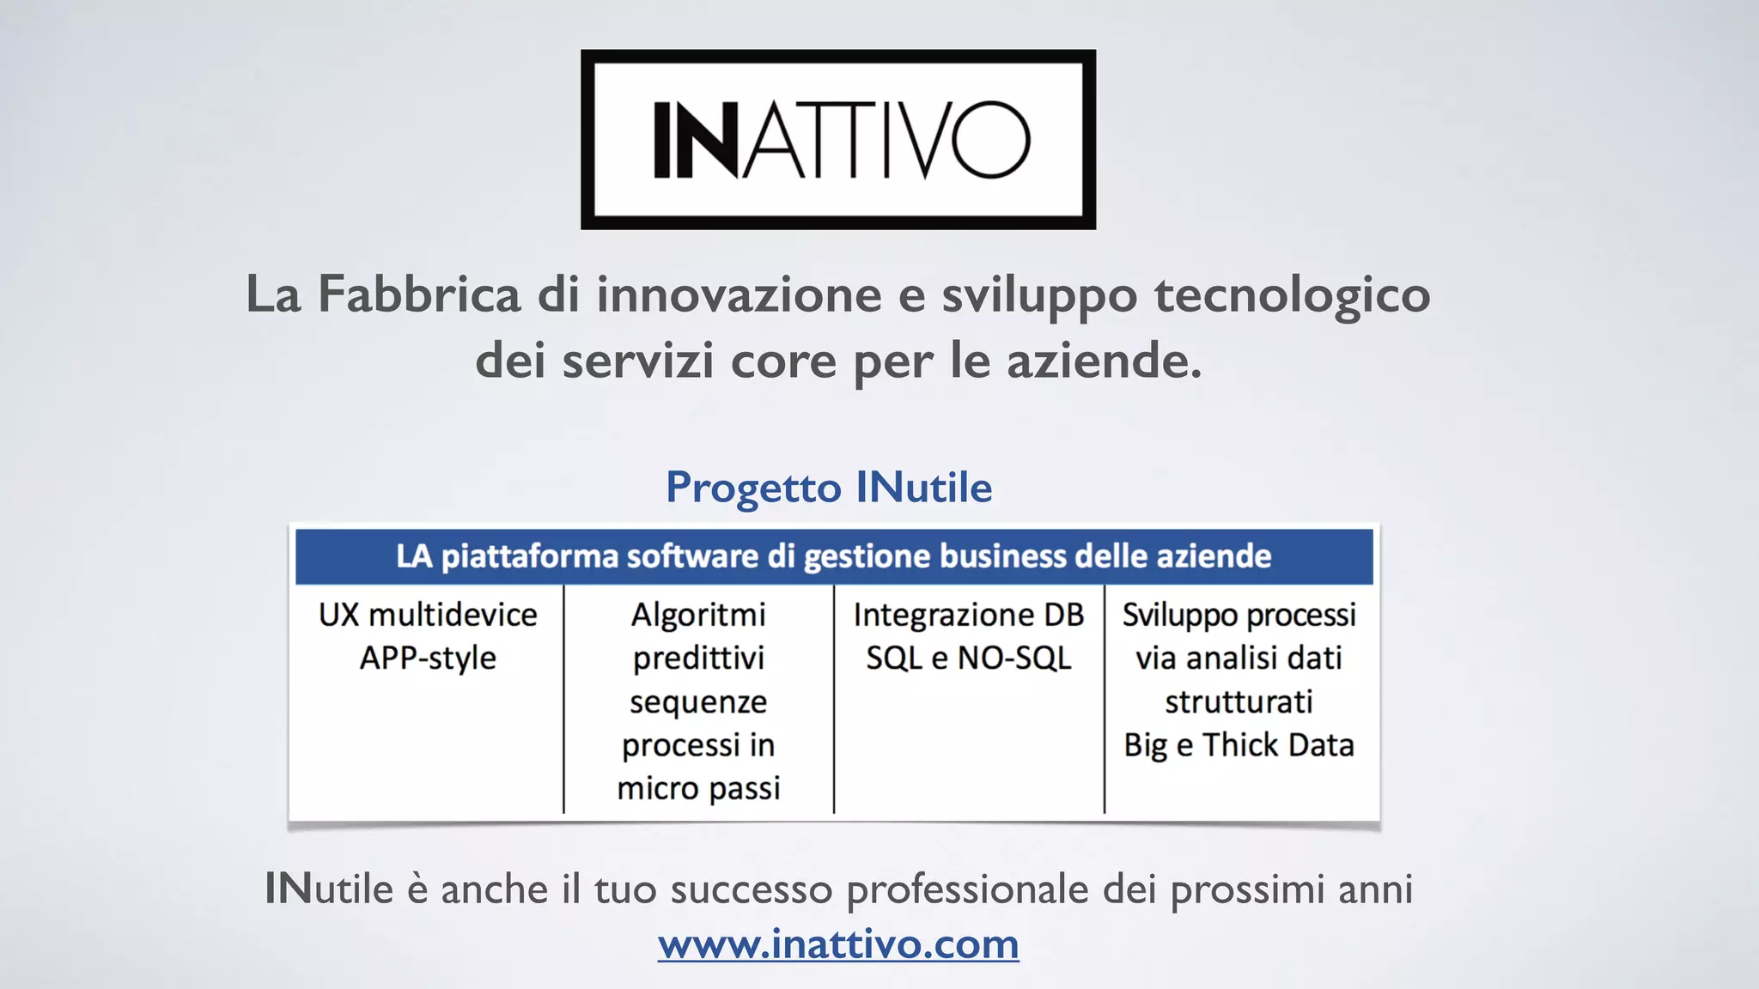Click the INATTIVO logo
tap(838, 139)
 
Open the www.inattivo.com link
tap(838, 943)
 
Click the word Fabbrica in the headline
tap(419, 294)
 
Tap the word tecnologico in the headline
tap(1292, 294)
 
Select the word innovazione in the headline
tap(740, 294)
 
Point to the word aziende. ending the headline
tap(1105, 360)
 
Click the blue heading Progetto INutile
tap(829, 488)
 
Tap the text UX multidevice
tap(428, 615)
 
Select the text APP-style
tap(428, 658)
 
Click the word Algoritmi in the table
tap(698, 615)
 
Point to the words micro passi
tap(698, 788)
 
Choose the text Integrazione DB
tap(969, 615)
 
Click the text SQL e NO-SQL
tap(969, 658)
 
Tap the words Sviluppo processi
tap(1239, 615)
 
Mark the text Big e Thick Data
tap(1239, 745)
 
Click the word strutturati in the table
tap(1239, 701)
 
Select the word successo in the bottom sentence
tap(752, 889)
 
